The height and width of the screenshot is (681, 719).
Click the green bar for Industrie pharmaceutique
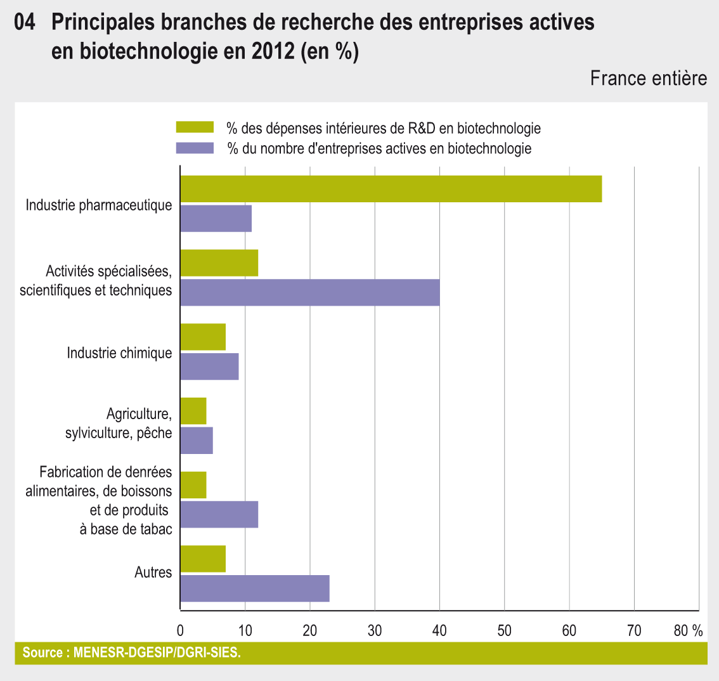[391, 189]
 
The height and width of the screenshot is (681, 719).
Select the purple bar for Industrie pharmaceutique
[216, 219]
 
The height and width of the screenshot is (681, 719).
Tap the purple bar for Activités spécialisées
[310, 292]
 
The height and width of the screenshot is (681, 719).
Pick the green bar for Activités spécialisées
[219, 263]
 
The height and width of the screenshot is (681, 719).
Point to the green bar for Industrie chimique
[203, 337]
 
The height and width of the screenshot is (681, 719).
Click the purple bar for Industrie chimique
[210, 366]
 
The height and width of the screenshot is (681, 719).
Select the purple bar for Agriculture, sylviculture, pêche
[197, 440]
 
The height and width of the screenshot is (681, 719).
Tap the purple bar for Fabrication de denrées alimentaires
[219, 514]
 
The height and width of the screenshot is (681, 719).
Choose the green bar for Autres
[203, 559]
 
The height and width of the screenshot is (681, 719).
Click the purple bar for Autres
[255, 588]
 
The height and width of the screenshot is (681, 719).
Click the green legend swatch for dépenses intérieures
[195, 128]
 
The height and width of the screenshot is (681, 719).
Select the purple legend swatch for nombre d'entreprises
[195, 148]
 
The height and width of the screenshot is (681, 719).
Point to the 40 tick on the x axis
[439, 631]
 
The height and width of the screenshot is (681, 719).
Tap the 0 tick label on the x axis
[181, 631]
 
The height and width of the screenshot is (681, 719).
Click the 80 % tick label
[688, 631]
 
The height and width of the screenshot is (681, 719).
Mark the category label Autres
[153, 573]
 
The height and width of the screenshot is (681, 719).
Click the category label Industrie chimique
[120, 353]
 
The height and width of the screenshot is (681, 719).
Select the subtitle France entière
[648, 78]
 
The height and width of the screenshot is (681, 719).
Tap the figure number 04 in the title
[25, 23]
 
